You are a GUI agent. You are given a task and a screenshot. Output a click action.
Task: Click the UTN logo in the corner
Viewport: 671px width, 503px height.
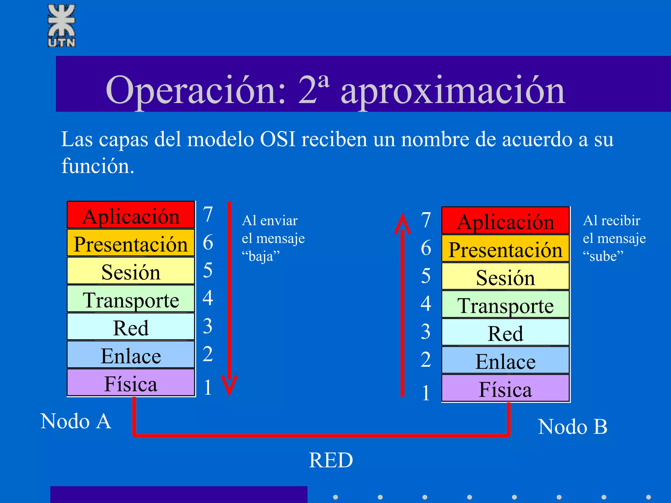click(x=62, y=26)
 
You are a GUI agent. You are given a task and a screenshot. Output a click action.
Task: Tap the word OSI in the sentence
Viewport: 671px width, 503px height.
click(x=278, y=139)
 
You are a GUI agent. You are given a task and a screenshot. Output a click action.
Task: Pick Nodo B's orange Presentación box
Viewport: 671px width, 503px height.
click(x=505, y=249)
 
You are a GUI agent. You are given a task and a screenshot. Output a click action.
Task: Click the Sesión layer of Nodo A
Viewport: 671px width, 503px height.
click(x=131, y=271)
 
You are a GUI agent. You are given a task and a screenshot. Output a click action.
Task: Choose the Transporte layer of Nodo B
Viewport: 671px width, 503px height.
click(x=505, y=305)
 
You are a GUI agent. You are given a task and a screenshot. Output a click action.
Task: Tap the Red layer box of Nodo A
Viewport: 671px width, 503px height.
click(x=131, y=327)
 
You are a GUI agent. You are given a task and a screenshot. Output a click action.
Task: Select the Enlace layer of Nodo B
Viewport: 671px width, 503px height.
click(x=505, y=361)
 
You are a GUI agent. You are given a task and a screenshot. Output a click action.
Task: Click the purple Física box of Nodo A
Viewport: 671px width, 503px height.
click(x=131, y=383)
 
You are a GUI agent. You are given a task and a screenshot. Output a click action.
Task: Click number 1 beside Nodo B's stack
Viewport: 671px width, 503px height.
click(x=426, y=393)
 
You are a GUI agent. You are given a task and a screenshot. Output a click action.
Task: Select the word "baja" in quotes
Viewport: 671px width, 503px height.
click(x=261, y=256)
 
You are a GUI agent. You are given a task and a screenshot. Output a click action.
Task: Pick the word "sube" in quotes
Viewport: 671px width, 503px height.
click(x=603, y=256)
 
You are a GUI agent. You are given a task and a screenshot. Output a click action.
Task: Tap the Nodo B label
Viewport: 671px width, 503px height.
click(x=572, y=427)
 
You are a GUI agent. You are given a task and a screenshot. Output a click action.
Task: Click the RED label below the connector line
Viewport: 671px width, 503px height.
click(x=331, y=460)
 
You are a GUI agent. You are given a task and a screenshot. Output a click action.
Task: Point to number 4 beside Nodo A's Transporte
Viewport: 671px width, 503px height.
click(x=208, y=298)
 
